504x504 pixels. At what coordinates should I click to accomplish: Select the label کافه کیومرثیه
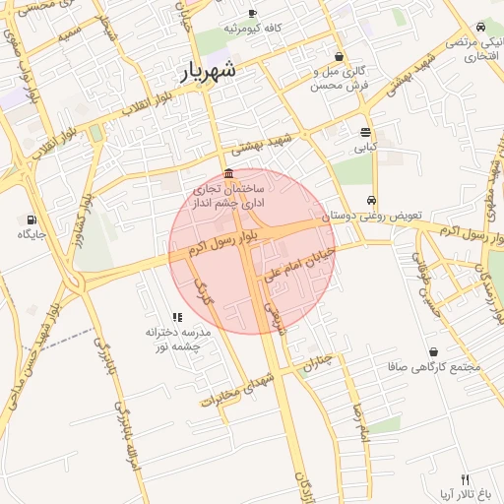pos(253,29)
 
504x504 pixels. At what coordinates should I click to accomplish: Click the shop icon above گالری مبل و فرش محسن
pos(340,57)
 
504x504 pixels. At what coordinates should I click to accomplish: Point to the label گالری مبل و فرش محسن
pos(339,79)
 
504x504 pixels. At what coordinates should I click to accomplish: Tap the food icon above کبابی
pos(366,132)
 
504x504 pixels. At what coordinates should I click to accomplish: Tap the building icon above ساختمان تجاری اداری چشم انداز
pos(228,174)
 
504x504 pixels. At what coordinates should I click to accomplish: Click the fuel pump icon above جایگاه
pos(32,220)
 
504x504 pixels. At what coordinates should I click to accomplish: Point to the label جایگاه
pos(31,234)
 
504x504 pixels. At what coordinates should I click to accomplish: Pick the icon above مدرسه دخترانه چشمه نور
pos(177,317)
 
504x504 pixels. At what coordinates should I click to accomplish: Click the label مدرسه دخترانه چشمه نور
pos(172,340)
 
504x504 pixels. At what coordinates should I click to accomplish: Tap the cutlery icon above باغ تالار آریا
pos(466,478)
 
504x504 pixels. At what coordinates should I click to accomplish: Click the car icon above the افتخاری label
pos(479,27)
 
